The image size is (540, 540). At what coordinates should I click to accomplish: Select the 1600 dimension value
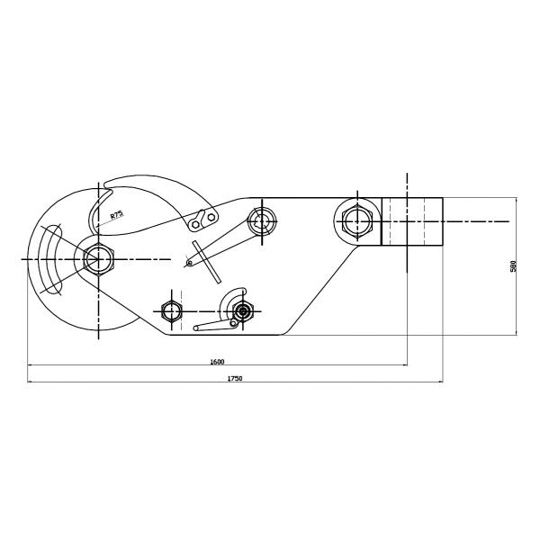click(217, 361)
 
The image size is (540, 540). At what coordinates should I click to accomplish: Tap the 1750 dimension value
click(234, 379)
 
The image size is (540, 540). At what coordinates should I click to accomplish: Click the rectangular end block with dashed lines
click(412, 221)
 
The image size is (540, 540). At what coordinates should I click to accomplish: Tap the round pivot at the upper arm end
click(264, 220)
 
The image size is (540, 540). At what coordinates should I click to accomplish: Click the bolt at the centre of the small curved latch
click(240, 311)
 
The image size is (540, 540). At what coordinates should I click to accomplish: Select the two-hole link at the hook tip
click(203, 220)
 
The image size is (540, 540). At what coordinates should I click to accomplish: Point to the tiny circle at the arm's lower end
click(188, 263)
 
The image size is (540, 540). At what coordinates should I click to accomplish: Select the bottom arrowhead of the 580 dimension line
click(517, 332)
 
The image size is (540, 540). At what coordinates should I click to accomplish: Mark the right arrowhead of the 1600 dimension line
click(405, 365)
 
